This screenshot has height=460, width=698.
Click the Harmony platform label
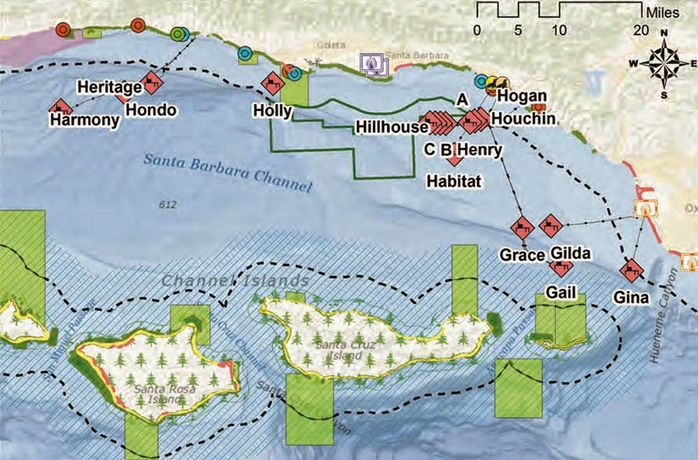[84, 121]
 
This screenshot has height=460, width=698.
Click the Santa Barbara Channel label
[228, 171]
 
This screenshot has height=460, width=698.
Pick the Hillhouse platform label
[391, 127]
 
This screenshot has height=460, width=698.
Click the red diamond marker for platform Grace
[522, 228]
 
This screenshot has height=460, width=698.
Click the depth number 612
[168, 205]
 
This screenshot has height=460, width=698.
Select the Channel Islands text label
[235, 281]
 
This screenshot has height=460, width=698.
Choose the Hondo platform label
[151, 110]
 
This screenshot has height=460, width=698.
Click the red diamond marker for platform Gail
[560, 266]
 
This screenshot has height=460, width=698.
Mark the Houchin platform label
[523, 118]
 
